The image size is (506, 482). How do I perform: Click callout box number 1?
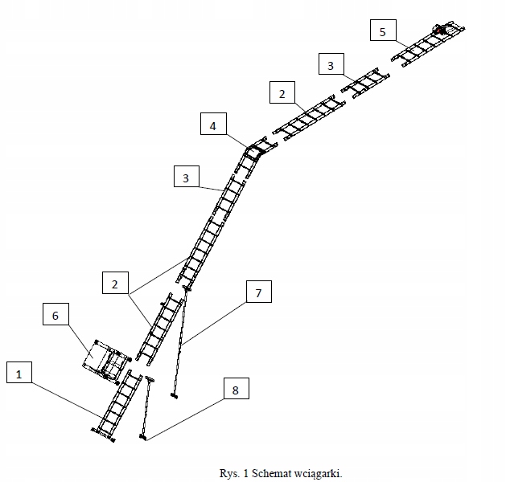click(x=22, y=373)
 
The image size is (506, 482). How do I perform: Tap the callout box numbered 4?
click(x=212, y=126)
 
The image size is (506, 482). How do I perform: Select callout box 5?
click(x=383, y=31)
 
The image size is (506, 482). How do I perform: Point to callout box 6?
click(x=56, y=316)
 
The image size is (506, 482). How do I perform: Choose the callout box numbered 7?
click(x=258, y=292)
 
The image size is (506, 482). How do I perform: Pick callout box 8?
click(x=235, y=390)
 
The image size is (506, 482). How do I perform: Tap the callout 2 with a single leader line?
click(x=282, y=94)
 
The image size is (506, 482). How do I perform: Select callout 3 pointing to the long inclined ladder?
click(x=186, y=178)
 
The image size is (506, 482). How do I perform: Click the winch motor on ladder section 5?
click(x=442, y=30)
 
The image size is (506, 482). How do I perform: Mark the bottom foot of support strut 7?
click(x=173, y=395)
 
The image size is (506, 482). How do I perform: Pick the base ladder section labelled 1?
click(x=118, y=403)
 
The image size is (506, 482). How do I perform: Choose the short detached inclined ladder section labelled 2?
click(x=160, y=327)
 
